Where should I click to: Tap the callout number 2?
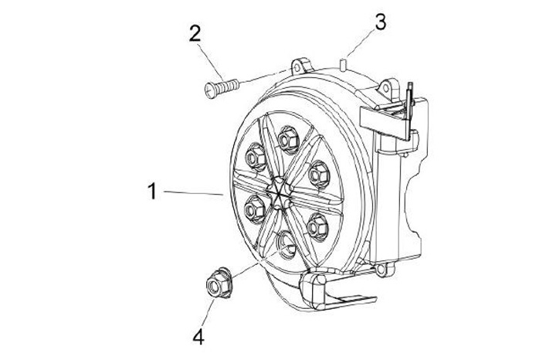[195, 32]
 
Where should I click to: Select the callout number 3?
[379, 22]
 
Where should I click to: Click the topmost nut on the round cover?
[290, 138]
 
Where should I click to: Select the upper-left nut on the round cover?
[255, 158]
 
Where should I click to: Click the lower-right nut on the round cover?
[317, 226]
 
